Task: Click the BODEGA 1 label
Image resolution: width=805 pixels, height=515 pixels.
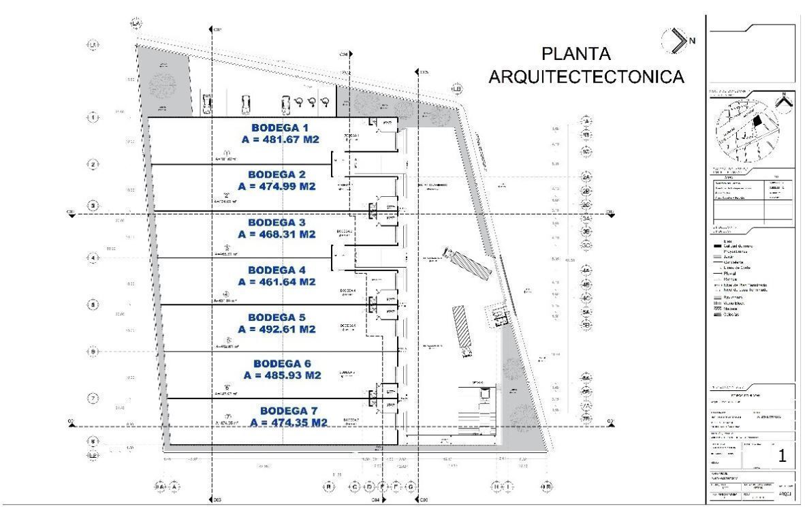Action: coord(280,127)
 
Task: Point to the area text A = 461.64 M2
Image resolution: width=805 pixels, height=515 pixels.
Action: coord(277,281)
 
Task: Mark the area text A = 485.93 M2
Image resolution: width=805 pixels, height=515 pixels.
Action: coord(282,375)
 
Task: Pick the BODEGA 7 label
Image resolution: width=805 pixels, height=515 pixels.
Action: coord(289,411)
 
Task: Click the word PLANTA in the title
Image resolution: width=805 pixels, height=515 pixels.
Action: coord(575,54)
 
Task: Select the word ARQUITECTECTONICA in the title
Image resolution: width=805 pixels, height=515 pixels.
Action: coord(586,77)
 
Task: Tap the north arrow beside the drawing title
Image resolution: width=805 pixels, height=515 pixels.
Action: coord(676,40)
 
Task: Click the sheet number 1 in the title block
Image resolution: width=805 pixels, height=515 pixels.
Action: coord(782,456)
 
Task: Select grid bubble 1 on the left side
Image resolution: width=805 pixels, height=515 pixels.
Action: coord(93,117)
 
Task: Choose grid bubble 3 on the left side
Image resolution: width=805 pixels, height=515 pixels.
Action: coord(93,206)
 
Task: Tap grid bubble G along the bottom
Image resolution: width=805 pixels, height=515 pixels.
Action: coord(411,487)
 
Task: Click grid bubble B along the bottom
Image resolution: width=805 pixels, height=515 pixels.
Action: coord(328,487)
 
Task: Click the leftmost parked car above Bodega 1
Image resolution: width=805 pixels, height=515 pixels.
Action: coord(207,104)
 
